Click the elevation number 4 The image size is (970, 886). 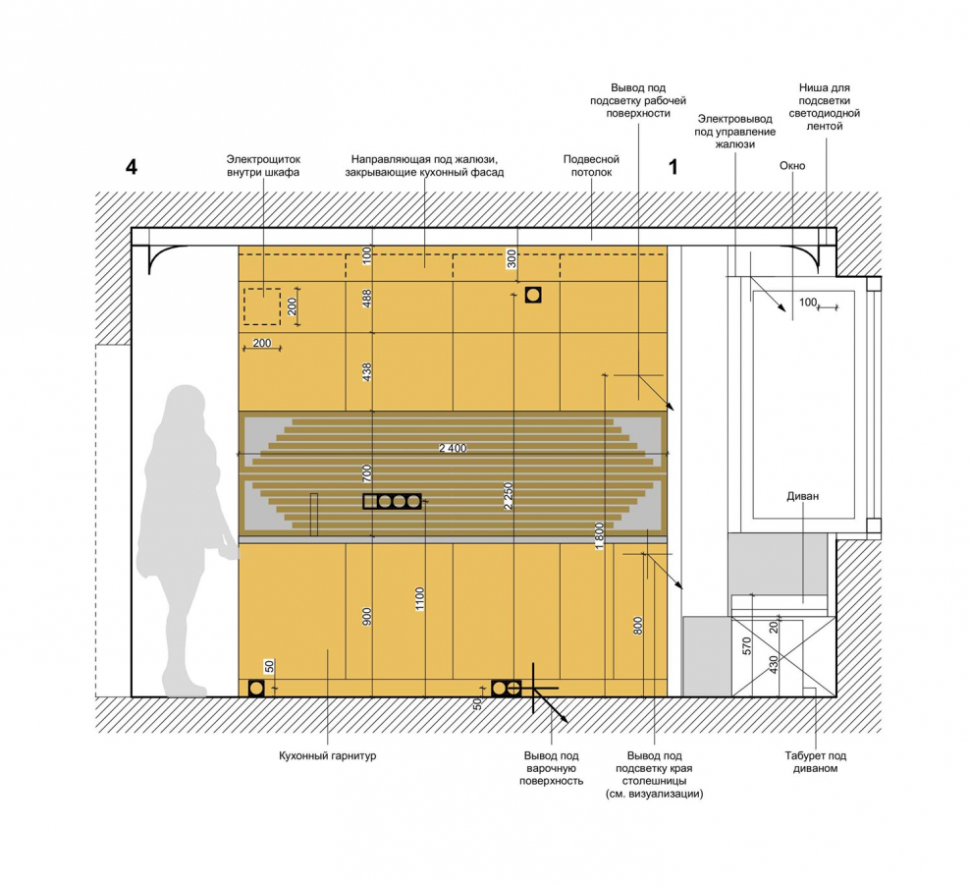click(132, 167)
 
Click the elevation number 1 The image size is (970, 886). click(674, 167)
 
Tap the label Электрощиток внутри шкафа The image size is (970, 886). click(263, 166)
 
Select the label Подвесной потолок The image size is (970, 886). click(591, 166)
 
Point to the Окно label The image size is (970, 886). click(792, 166)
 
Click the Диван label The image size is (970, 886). click(802, 496)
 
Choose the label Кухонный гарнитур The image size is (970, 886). click(327, 755)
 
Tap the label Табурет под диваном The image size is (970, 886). click(815, 762)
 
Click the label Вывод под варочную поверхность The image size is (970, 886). click(551, 768)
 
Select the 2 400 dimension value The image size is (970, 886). click(453, 448)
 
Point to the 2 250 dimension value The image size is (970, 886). click(509, 496)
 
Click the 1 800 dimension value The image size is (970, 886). click(599, 536)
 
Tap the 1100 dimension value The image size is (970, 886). click(420, 599)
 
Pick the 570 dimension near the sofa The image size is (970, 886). click(747, 646)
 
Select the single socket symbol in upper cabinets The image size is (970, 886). click(533, 295)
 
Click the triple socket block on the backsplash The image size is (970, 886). click(392, 501)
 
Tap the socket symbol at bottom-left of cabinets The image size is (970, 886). click(256, 688)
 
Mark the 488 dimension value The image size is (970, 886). click(367, 299)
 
